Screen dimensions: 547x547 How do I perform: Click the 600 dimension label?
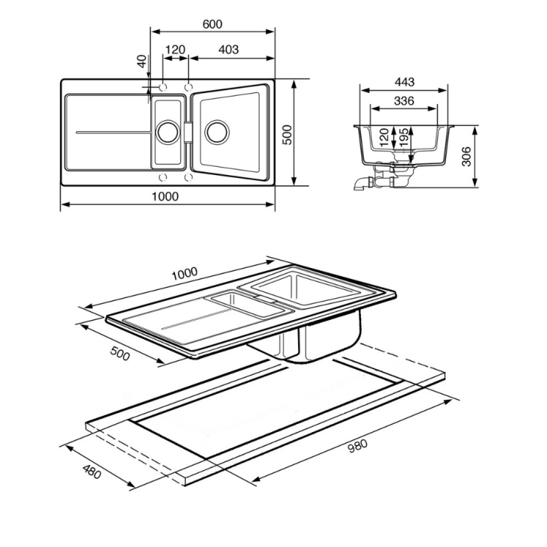point(212,24)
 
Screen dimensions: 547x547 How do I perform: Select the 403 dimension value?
point(228,49)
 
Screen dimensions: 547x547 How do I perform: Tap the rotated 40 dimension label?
point(142,61)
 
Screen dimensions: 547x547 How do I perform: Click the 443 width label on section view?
point(404,82)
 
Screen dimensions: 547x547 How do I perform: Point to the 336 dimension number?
point(403,101)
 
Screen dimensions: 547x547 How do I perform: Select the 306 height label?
point(466,157)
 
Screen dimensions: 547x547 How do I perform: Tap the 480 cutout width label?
point(92,472)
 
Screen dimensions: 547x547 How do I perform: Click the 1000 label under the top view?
point(165,196)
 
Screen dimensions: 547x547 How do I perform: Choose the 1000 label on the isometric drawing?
point(185,273)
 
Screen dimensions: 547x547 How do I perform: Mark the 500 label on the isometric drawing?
point(120,353)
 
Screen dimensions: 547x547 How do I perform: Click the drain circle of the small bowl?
point(168,131)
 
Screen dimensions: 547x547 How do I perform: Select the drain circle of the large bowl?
point(217,132)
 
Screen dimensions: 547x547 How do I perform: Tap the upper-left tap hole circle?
point(163,87)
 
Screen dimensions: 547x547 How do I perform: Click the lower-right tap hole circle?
point(189,177)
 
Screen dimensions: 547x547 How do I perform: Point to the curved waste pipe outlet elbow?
point(360,183)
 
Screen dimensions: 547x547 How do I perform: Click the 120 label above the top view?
point(175,49)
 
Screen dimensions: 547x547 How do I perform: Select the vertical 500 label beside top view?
point(286,134)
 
